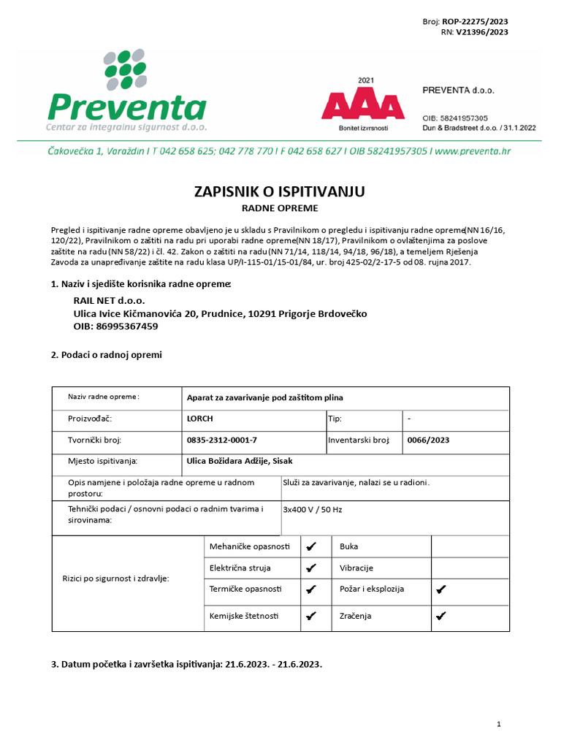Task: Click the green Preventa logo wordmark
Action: coord(126,107)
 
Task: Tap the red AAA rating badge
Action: coord(363,107)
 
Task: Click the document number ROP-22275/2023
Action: coord(475,22)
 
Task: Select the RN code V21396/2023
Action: coord(482,32)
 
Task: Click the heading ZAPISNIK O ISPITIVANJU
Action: coord(279,191)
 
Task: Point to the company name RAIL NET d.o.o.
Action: coord(110,300)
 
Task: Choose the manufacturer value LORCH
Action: coord(200,419)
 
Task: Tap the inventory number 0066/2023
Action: coord(428,440)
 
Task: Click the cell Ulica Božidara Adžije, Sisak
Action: coord(240,461)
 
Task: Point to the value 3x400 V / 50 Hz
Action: coord(312,509)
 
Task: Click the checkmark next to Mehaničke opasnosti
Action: coord(311,546)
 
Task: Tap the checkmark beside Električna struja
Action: coord(311,568)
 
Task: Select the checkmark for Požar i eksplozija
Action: coord(440,589)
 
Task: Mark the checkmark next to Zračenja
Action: coord(440,616)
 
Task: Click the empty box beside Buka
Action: coord(470,546)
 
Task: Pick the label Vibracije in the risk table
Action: coord(356,568)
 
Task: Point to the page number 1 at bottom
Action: coord(498,724)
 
